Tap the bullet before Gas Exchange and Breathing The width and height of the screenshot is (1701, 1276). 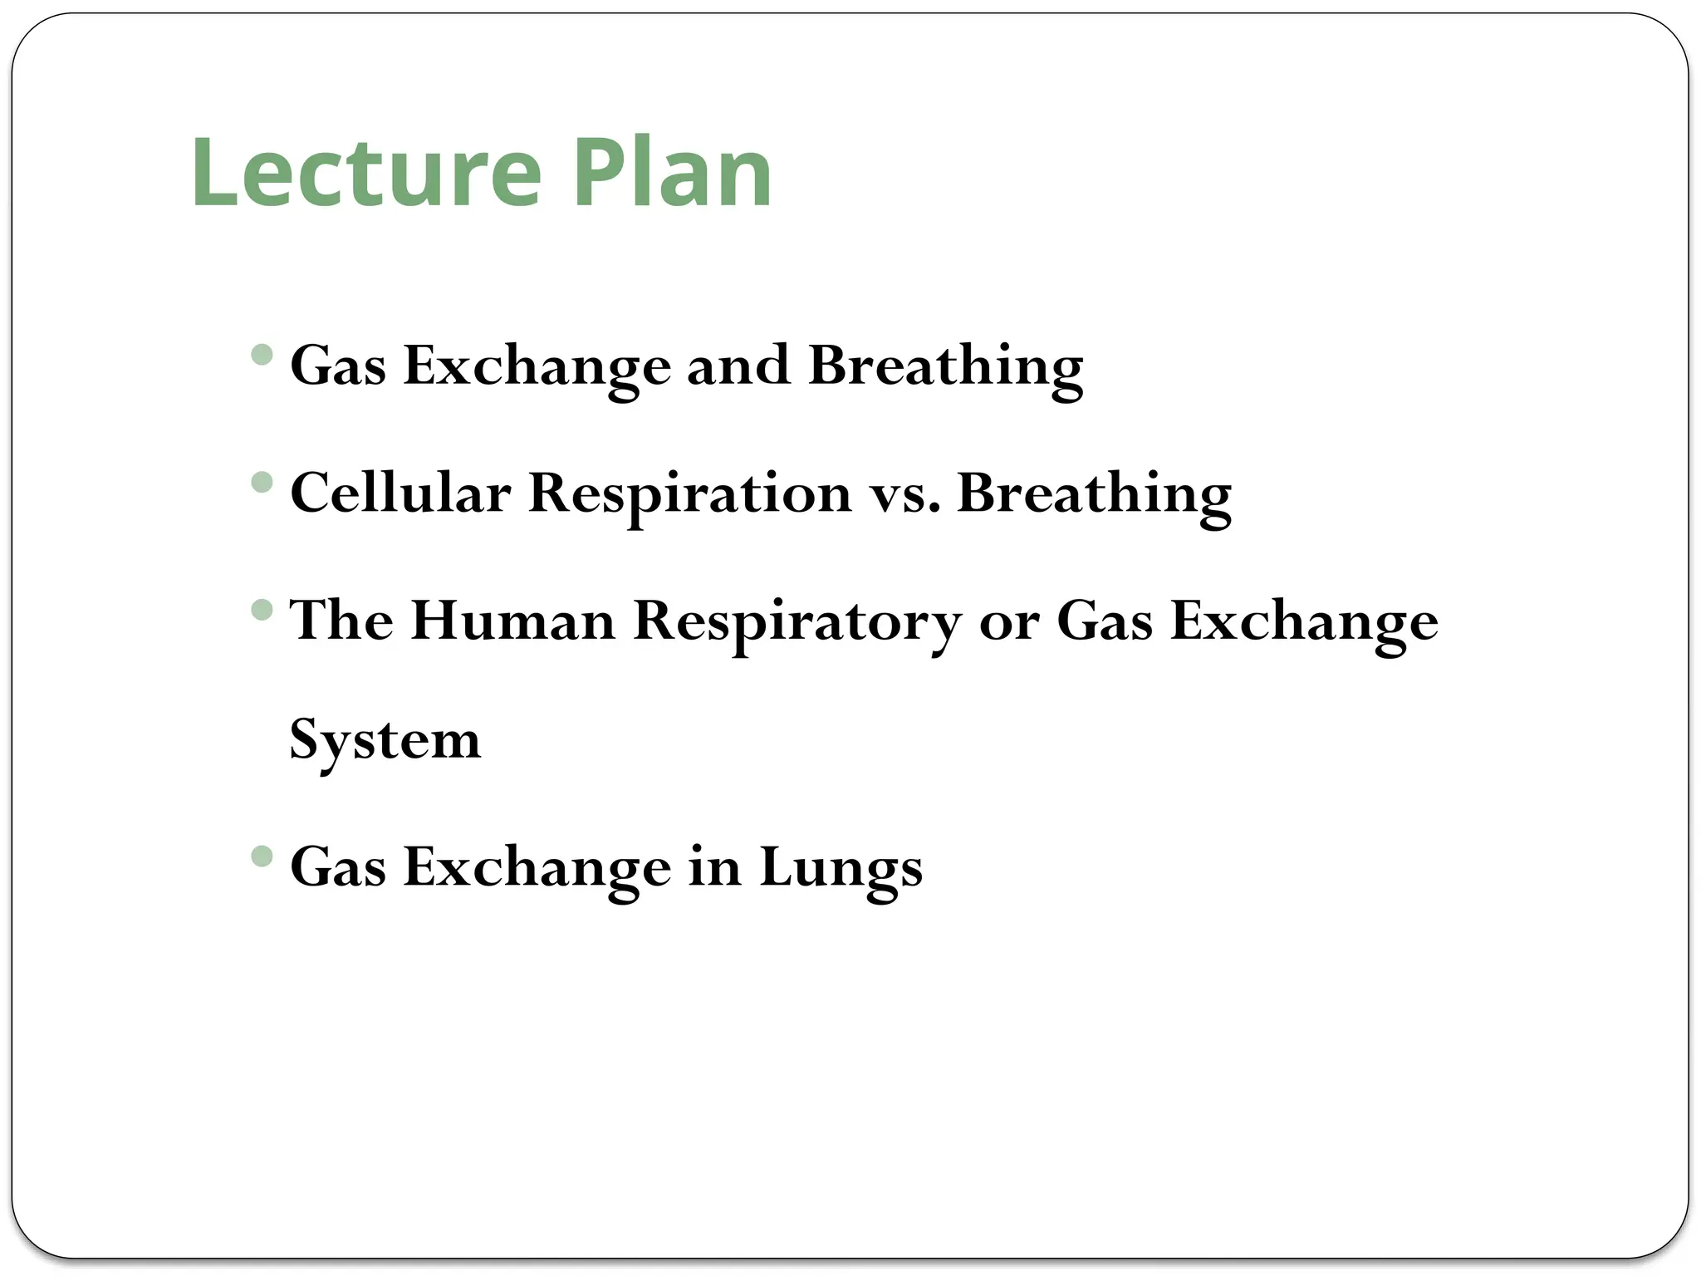click(x=262, y=355)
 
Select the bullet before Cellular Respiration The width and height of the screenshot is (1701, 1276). click(x=262, y=482)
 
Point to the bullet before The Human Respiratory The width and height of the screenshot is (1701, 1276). click(x=262, y=611)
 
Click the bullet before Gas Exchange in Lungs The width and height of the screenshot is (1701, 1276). click(x=262, y=856)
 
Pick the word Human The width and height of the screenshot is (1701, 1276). click(x=512, y=621)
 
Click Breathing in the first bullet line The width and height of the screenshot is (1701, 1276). click(x=945, y=367)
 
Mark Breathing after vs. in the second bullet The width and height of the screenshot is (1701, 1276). click(x=1094, y=495)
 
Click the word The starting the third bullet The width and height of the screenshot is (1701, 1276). click(x=341, y=621)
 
